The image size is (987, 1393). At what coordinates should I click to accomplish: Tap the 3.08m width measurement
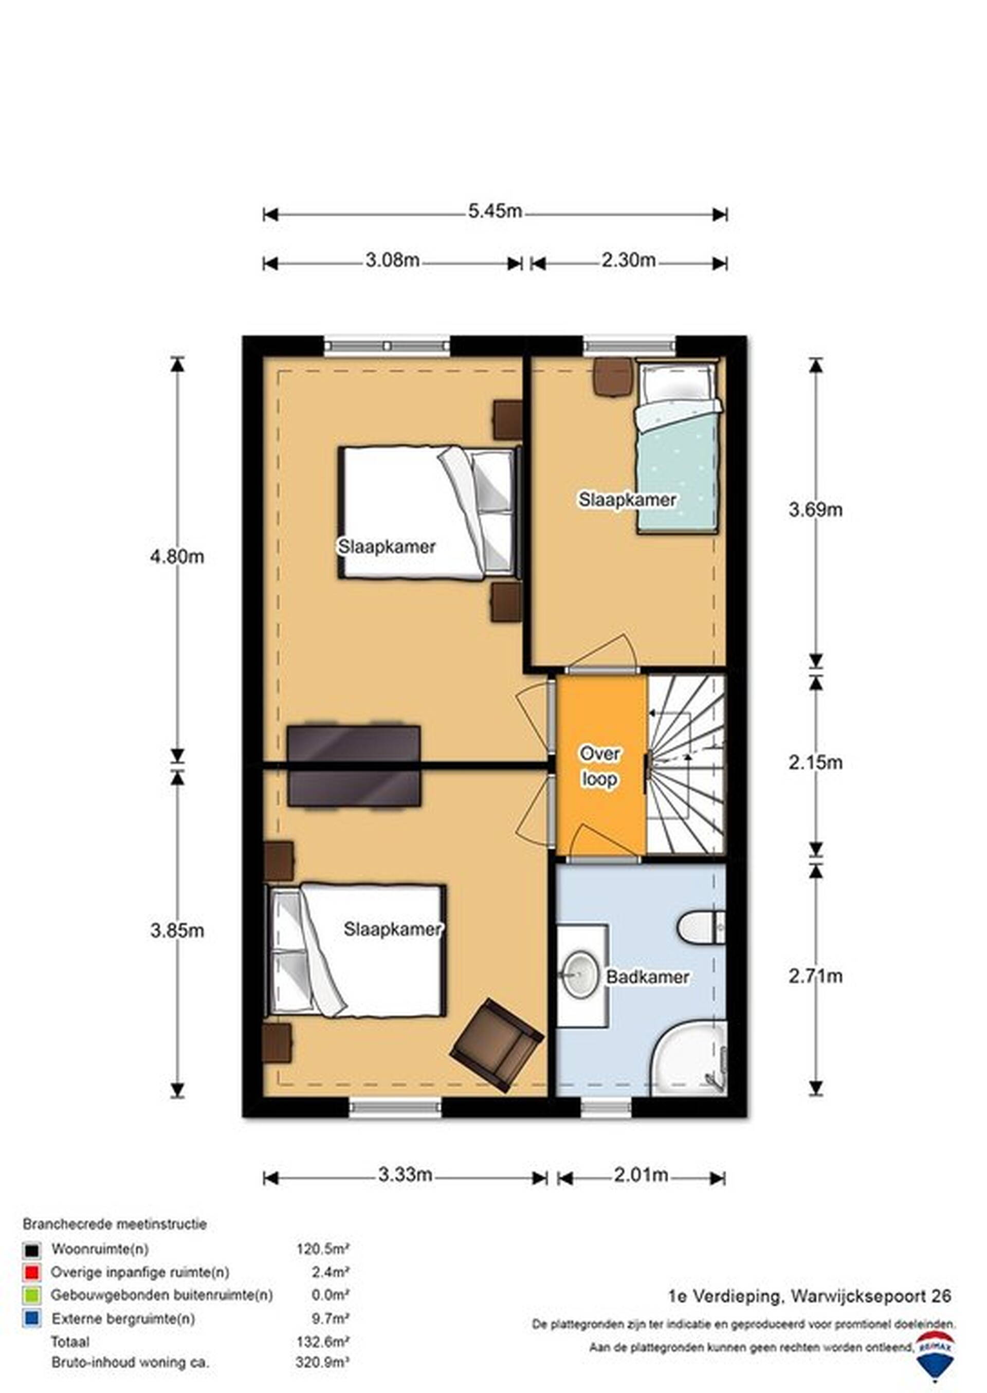pos(392,260)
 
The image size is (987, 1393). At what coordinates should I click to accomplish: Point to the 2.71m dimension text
pos(816,976)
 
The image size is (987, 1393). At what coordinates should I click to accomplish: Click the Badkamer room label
pos(648,977)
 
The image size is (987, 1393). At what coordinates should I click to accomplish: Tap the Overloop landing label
pos(600,766)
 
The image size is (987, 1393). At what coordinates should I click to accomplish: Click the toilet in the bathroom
pos(702,927)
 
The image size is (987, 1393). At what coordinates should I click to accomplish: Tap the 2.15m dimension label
pos(816,762)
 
